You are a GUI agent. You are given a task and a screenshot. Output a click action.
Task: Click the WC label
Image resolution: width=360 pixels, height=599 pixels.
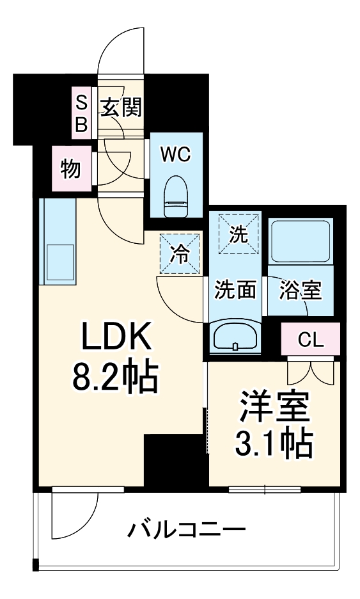176,154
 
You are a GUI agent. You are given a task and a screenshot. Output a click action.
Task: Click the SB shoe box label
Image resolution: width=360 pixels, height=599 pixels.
81,113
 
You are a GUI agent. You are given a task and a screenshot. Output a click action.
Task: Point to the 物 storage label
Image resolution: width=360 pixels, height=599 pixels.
70,170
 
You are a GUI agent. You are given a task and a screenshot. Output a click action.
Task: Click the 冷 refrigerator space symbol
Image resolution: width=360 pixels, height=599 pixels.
180,255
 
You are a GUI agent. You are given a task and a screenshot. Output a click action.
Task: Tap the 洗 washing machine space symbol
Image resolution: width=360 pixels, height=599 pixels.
239,234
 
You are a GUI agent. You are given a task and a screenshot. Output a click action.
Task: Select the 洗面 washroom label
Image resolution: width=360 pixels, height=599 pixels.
235,290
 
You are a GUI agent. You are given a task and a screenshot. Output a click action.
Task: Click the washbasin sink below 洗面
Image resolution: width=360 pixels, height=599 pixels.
235,335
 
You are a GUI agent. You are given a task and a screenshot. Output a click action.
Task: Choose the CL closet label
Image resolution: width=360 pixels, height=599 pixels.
311,340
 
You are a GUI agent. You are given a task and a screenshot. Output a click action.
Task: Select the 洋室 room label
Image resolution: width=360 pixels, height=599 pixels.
274,406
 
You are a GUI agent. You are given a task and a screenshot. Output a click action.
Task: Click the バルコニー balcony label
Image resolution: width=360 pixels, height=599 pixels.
186,531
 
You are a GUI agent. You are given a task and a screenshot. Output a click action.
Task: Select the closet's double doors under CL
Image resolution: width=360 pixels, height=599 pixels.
310,371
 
